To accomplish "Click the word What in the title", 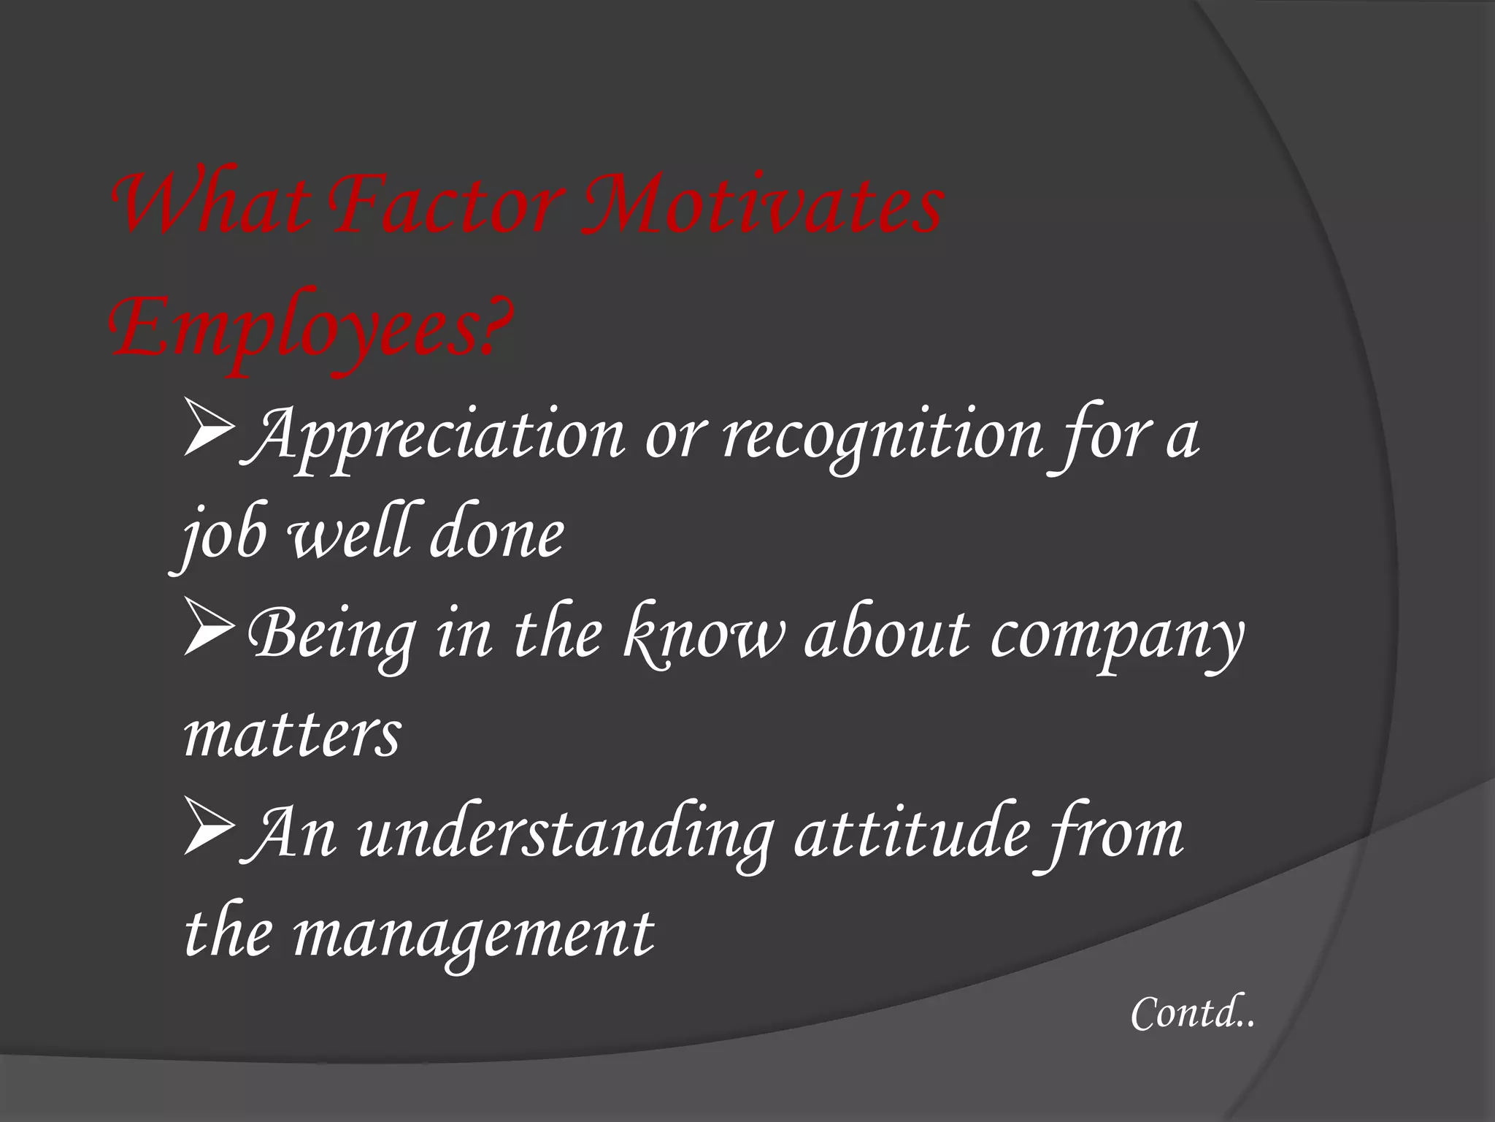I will pos(208,208).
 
